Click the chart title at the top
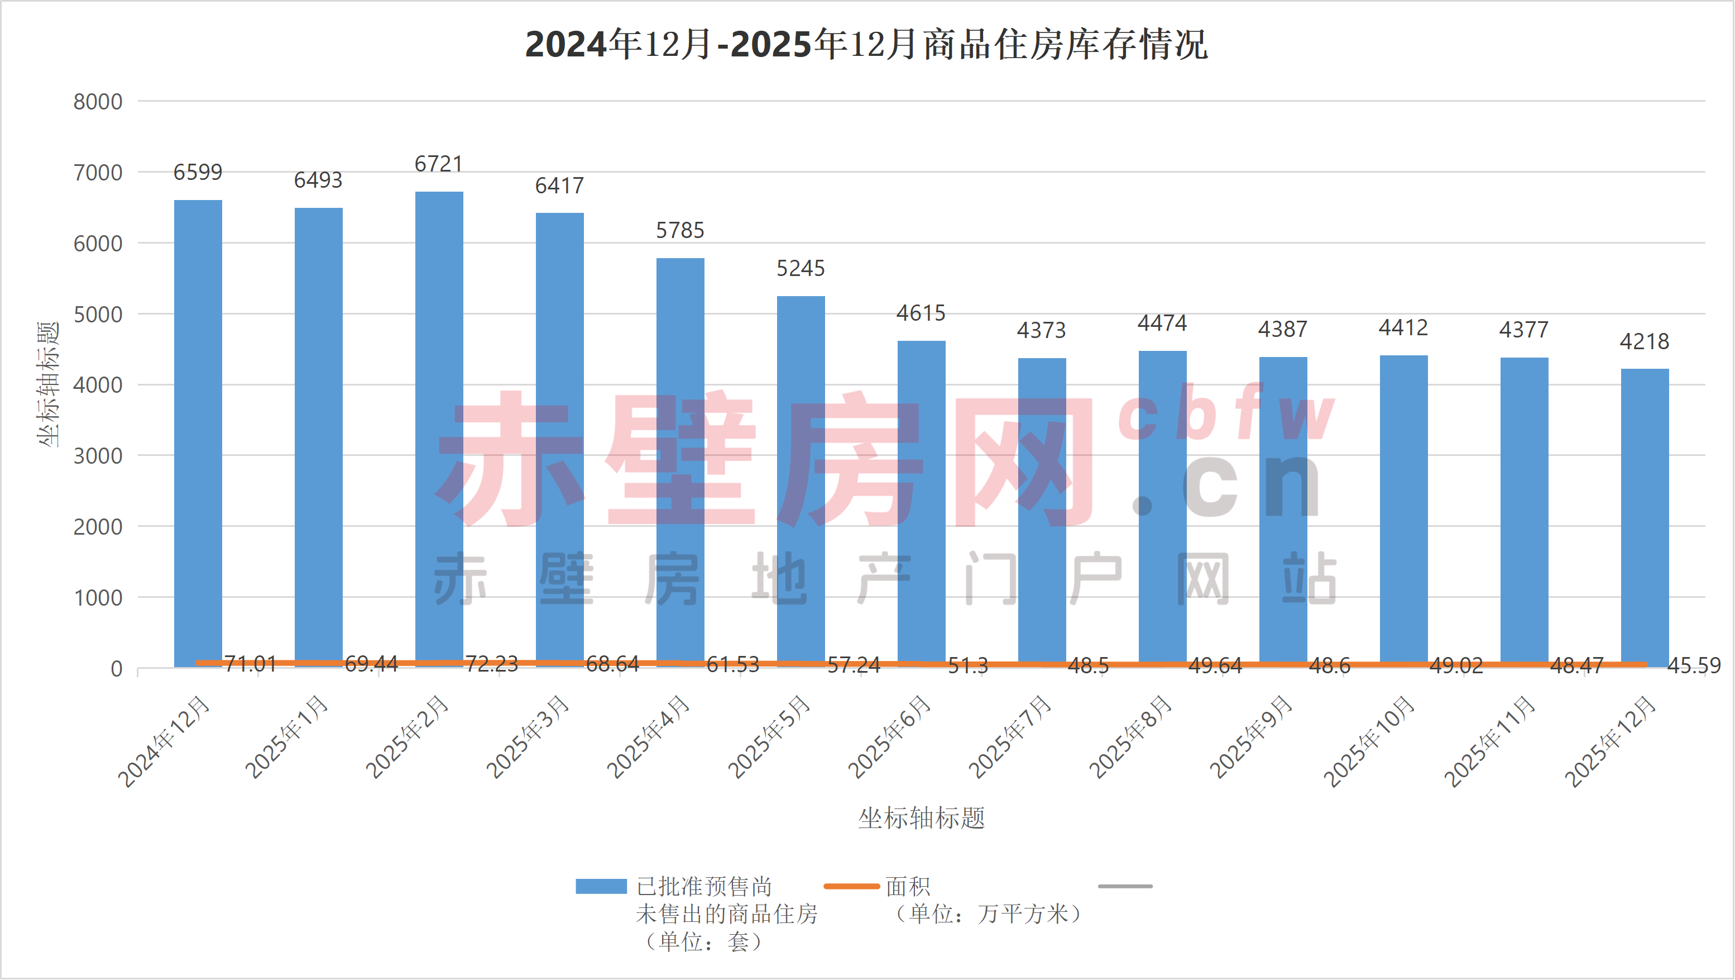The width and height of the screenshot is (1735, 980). [x=866, y=45]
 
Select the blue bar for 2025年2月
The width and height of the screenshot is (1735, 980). [x=439, y=425]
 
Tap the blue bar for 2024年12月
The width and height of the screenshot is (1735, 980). [x=198, y=431]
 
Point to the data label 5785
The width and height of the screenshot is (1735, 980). [x=680, y=231]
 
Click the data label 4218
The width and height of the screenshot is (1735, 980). [x=1644, y=342]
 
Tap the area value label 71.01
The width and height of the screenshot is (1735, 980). [x=250, y=664]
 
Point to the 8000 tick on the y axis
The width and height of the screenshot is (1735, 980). [x=98, y=102]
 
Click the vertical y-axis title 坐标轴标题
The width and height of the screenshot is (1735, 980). [x=48, y=384]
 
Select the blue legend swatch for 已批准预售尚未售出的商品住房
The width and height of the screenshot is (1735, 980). [x=601, y=886]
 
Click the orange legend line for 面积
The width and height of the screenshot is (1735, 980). [x=851, y=886]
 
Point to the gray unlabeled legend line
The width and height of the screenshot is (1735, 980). [x=1125, y=886]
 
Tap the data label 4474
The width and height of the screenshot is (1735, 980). [x=1162, y=324]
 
